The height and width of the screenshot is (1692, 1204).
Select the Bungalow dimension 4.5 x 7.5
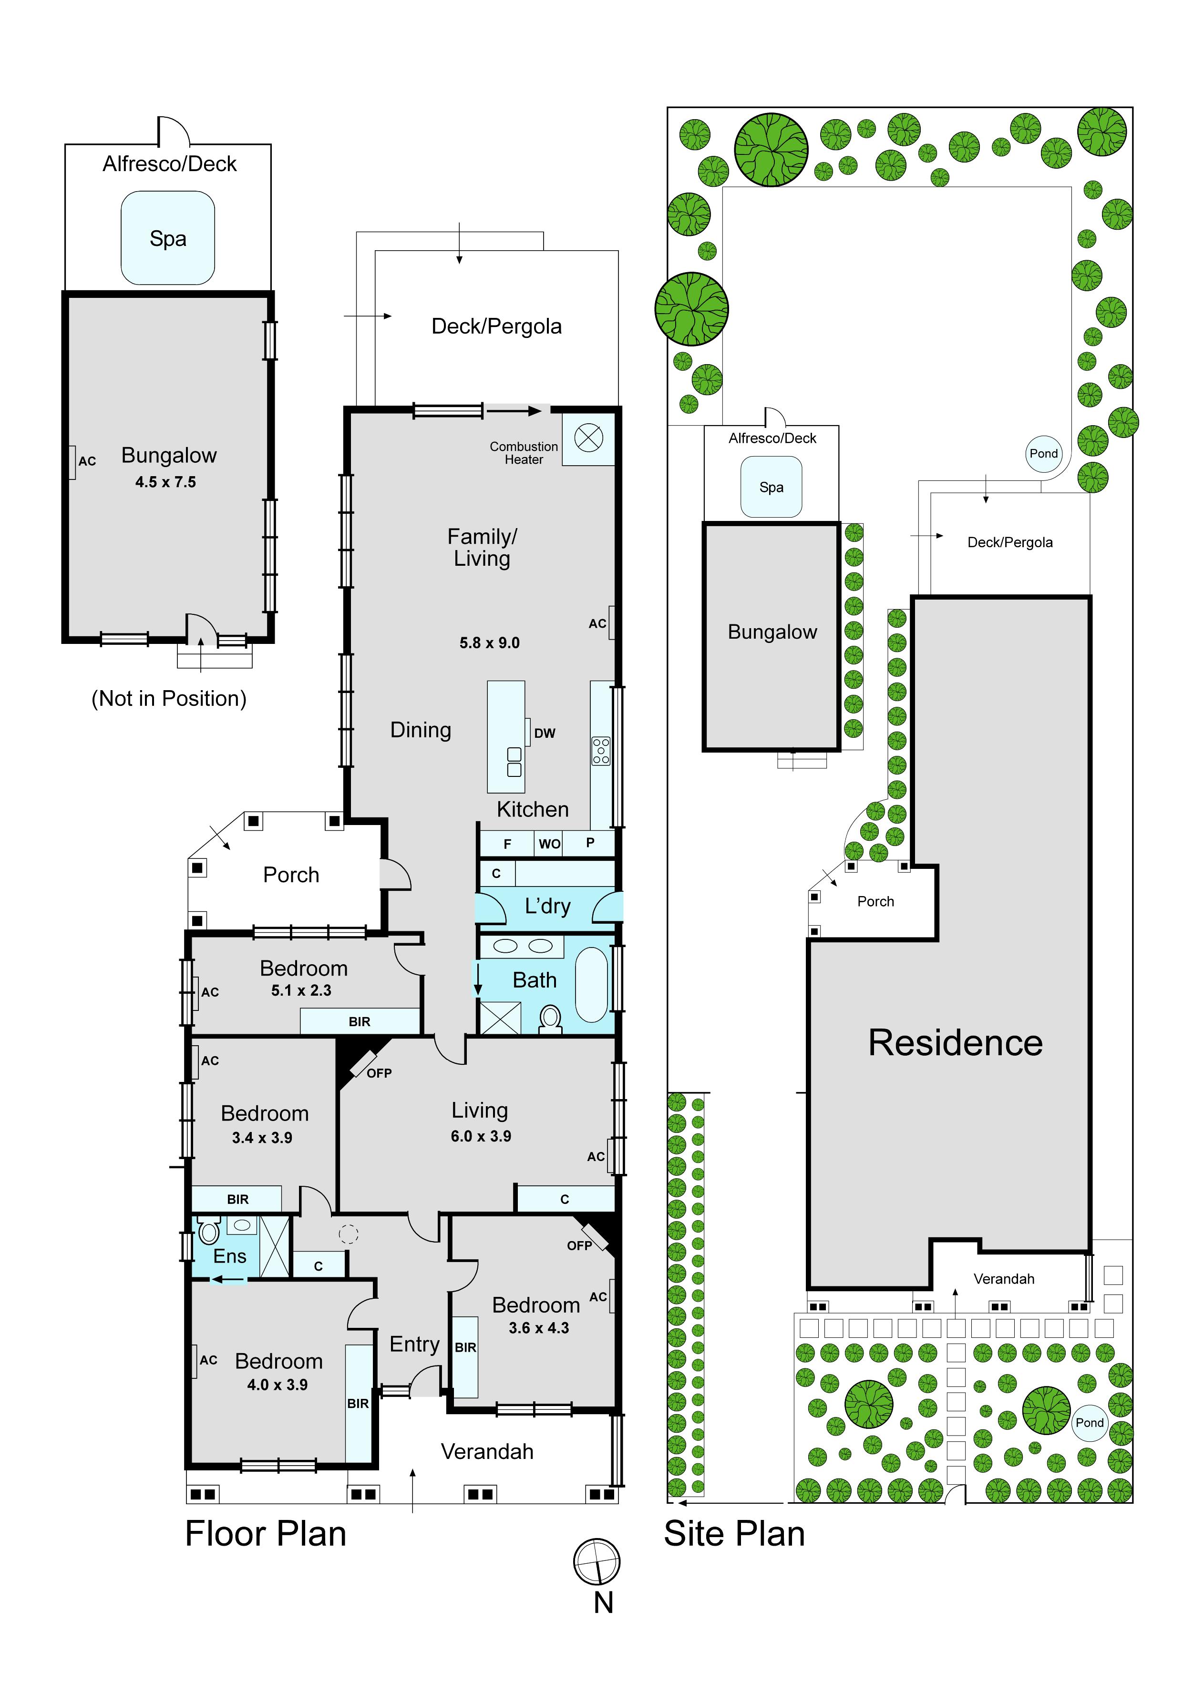pos(165,482)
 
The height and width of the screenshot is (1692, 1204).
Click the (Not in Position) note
pos(169,698)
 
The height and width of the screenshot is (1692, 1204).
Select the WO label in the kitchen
pos(549,844)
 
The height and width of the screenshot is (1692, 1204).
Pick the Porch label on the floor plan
pos(291,875)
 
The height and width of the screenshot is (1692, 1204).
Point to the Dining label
pos(421,730)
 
